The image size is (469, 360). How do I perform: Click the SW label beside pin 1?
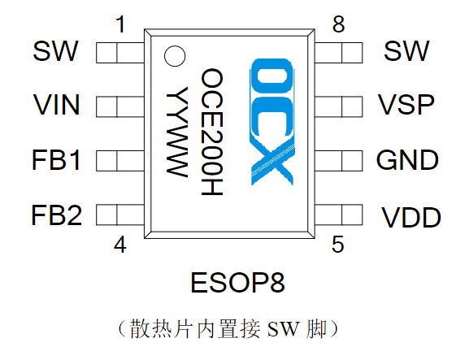click(x=55, y=51)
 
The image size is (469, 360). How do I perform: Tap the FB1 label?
click(x=57, y=160)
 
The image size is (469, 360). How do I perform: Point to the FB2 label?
click(x=57, y=215)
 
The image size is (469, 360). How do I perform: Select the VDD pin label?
click(x=411, y=218)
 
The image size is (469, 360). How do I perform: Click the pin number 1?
click(x=121, y=25)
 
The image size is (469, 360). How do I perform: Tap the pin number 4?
click(x=120, y=245)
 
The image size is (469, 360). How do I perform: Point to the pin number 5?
click(x=337, y=245)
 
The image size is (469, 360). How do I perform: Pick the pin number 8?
click(x=338, y=25)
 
